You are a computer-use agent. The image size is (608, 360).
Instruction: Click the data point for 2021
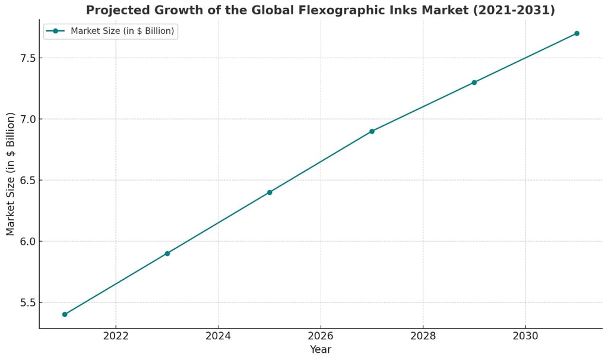[65, 314]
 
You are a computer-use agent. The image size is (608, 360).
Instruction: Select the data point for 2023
[167, 254]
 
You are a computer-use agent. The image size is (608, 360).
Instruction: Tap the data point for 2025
[270, 192]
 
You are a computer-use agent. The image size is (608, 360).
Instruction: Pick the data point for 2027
[372, 131]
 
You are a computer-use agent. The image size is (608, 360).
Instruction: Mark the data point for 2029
[474, 83]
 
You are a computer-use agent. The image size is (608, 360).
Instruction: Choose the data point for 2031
[577, 33]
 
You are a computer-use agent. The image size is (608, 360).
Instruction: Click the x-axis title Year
[321, 350]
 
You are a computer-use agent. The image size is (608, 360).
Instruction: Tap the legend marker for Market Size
[55, 31]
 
